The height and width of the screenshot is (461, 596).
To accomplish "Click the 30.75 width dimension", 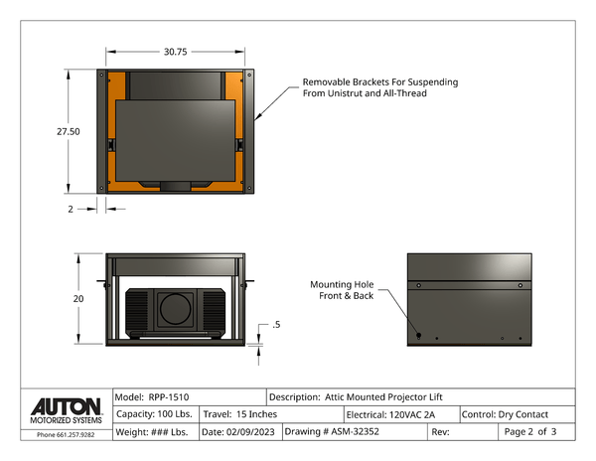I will pyautogui.click(x=176, y=51).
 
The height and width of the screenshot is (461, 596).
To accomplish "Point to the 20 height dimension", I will pyautogui.click(x=76, y=298).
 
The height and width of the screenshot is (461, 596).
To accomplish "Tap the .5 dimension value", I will pyautogui.click(x=275, y=325).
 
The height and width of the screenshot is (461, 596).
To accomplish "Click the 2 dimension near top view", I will pyautogui.click(x=70, y=209).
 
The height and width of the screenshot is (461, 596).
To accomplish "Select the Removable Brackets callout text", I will pyautogui.click(x=380, y=87).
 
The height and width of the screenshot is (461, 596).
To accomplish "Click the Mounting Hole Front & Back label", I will pyautogui.click(x=343, y=289).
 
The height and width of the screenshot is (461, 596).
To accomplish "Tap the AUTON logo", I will pyautogui.click(x=66, y=407).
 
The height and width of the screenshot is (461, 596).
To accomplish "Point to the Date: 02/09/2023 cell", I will pyautogui.click(x=238, y=432).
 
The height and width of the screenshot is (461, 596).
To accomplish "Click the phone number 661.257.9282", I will pyautogui.click(x=66, y=434).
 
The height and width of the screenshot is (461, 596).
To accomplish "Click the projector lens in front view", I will pyautogui.click(x=176, y=311).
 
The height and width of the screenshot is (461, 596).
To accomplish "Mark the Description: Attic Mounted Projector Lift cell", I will pyautogui.click(x=370, y=396).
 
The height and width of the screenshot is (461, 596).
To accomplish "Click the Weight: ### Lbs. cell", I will pyautogui.click(x=154, y=432).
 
